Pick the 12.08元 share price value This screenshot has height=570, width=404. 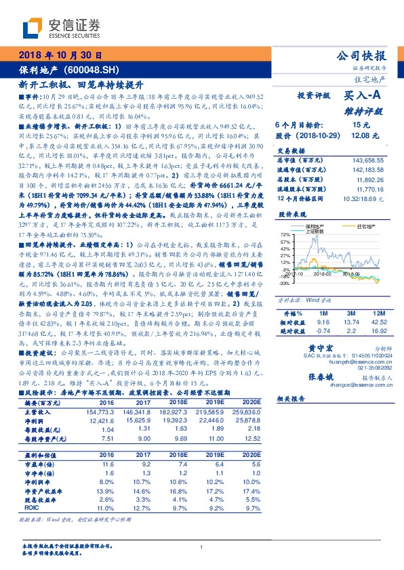tap(361, 136)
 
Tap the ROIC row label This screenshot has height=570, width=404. tap(30, 506)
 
